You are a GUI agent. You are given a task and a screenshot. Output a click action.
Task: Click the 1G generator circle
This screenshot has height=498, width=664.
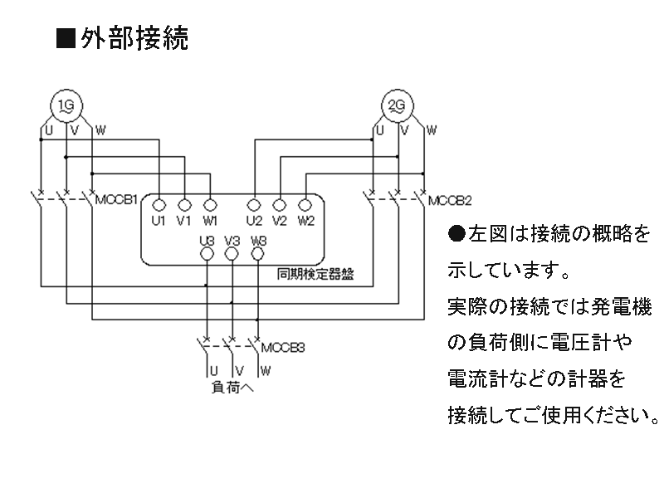[66, 106]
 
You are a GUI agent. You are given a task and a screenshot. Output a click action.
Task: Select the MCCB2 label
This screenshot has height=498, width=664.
[450, 200]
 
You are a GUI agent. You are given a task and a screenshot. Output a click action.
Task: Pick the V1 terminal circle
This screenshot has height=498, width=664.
[184, 204]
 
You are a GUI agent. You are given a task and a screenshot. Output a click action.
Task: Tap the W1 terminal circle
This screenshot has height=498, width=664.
[210, 204]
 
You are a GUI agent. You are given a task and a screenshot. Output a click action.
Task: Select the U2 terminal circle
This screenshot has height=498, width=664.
[254, 204]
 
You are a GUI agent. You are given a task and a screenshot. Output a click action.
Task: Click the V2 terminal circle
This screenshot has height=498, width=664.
[280, 204]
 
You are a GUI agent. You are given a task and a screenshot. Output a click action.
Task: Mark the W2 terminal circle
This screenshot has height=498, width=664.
[305, 204]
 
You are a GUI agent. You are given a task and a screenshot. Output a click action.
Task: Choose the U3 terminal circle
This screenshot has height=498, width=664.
[207, 254]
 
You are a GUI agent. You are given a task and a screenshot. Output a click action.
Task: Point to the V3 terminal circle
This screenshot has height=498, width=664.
[232, 254]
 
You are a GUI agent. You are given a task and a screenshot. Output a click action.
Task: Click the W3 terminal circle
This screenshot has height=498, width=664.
[258, 254]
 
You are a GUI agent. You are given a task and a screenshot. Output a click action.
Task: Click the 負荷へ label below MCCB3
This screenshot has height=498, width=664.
[232, 387]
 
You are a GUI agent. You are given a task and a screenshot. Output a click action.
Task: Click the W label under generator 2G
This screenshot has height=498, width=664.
[432, 130]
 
